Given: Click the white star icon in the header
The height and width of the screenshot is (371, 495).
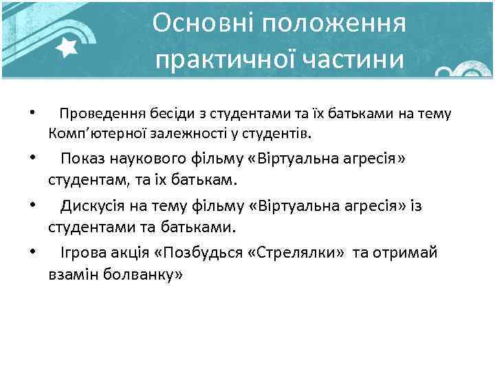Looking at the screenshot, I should point(67,47).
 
